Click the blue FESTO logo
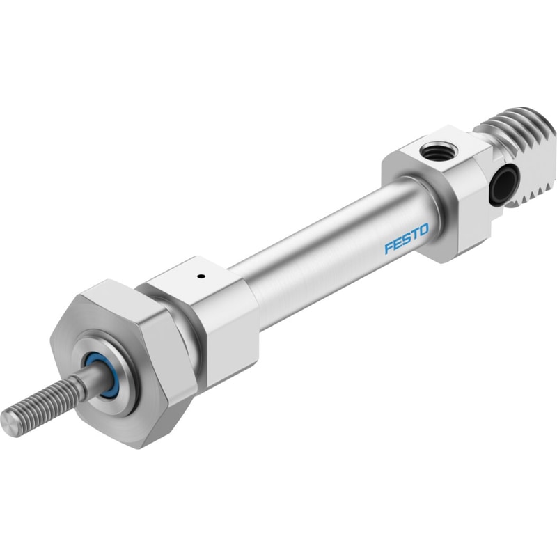[x=407, y=239]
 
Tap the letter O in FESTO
[x=424, y=230]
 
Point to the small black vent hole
[x=202, y=276]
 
